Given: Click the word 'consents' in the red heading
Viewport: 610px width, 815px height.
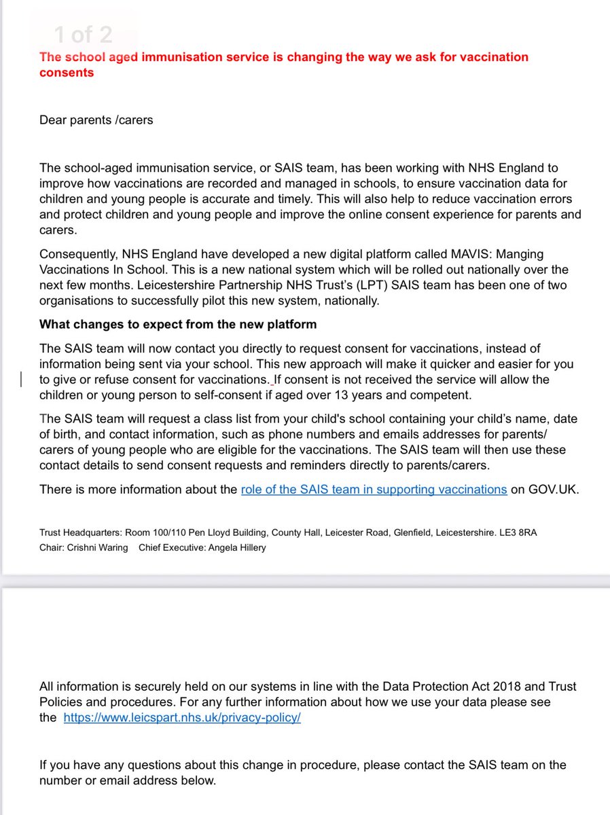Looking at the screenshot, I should tap(67, 73).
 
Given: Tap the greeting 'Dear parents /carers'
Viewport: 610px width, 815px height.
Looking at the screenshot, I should tap(96, 120).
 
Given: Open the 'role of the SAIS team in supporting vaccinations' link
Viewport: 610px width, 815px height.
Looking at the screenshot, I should tap(374, 489).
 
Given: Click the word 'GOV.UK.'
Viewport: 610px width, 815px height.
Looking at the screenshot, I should tap(545, 489).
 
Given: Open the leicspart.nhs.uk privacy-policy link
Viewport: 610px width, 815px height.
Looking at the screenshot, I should tap(182, 718).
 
